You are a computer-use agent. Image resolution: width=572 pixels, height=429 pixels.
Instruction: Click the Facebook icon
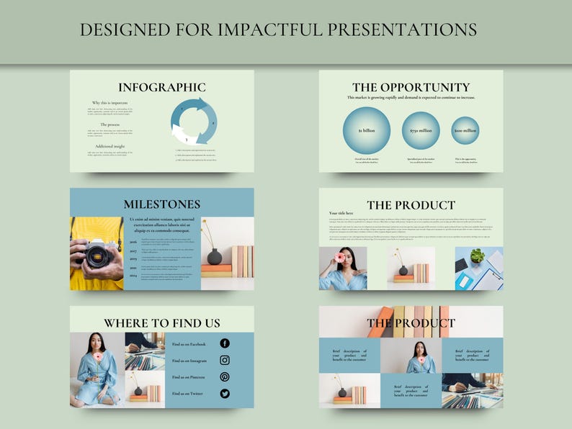[x=225, y=343]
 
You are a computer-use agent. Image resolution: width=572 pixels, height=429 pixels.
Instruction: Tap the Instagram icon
[x=225, y=360]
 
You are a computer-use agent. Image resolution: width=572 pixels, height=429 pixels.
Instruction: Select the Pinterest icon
[x=225, y=376]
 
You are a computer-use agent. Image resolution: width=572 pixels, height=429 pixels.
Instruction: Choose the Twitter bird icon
[x=225, y=394]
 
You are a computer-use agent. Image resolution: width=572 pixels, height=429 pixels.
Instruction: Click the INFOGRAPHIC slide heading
[x=161, y=87]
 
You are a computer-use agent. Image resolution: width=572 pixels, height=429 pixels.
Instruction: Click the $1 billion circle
[x=367, y=130]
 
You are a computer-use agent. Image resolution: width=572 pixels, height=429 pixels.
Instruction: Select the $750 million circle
[x=421, y=130]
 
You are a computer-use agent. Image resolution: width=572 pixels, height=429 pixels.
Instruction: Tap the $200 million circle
[x=465, y=130]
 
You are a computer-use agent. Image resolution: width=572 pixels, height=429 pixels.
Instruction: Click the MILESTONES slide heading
[x=161, y=204]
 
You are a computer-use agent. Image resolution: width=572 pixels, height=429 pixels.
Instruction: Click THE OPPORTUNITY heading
[x=411, y=87]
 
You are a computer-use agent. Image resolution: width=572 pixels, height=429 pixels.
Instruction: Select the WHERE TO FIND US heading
[x=161, y=323]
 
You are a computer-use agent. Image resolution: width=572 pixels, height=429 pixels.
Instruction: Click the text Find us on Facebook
[x=189, y=344]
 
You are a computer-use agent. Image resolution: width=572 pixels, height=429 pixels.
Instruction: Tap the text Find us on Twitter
[x=188, y=394]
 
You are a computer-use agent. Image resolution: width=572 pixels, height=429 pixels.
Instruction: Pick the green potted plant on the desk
[x=475, y=256]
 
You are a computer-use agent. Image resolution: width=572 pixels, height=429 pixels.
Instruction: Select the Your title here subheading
[x=341, y=213]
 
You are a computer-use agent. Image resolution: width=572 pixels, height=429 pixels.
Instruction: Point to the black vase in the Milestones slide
[x=214, y=256]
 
